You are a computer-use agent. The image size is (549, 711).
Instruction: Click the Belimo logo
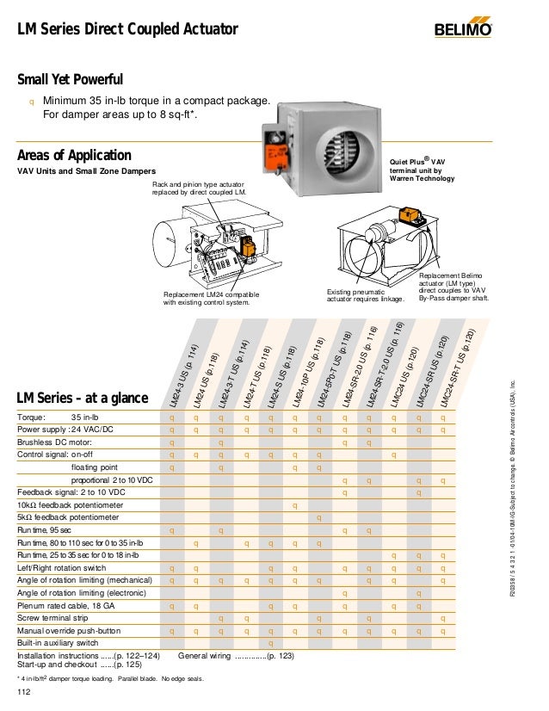[x=463, y=30]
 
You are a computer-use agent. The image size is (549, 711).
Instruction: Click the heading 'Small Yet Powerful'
[x=71, y=80]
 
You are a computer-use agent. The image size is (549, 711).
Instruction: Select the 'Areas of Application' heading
[x=74, y=156]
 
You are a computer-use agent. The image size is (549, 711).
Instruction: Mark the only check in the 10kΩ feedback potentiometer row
[x=295, y=504]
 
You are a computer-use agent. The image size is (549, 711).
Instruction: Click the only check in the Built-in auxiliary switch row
[x=270, y=643]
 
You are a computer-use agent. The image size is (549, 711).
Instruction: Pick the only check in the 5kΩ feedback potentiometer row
[x=319, y=517]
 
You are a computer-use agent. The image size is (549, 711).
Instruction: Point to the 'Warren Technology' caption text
[x=422, y=179]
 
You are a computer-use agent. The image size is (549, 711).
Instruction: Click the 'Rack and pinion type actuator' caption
[x=199, y=189]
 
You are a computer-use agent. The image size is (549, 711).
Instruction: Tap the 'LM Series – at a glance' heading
[x=83, y=398]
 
